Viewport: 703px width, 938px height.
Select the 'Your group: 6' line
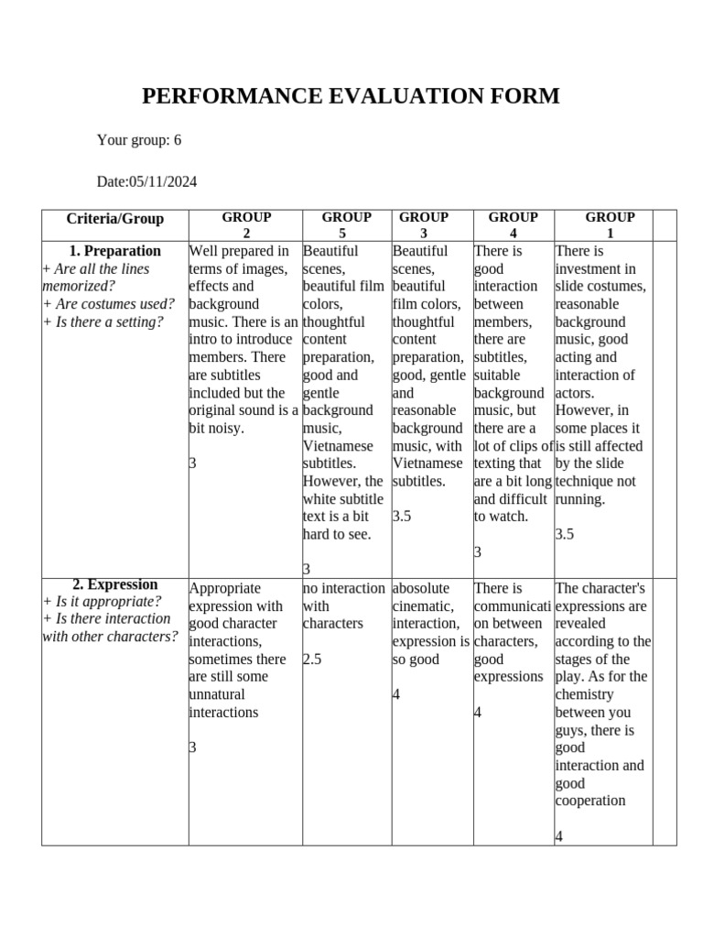click(x=139, y=140)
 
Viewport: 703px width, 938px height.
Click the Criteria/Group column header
click(x=115, y=219)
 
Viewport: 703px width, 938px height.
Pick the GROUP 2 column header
click(x=246, y=225)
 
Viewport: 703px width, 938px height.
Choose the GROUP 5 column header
click(x=346, y=225)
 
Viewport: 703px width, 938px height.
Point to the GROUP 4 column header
click(x=513, y=225)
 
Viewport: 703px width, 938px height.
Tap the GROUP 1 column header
click(x=610, y=225)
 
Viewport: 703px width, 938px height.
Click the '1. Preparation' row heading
click(x=115, y=251)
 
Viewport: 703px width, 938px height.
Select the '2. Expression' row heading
click(x=115, y=584)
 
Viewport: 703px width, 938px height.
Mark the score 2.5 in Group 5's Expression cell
click(x=312, y=660)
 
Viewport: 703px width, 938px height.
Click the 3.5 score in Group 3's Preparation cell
click(x=402, y=517)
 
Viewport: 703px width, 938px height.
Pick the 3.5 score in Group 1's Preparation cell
click(x=565, y=534)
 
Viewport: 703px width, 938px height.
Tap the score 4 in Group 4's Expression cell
click(x=478, y=712)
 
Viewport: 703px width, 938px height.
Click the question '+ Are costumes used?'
click(x=109, y=304)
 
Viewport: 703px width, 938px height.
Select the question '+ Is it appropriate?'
click(x=103, y=602)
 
